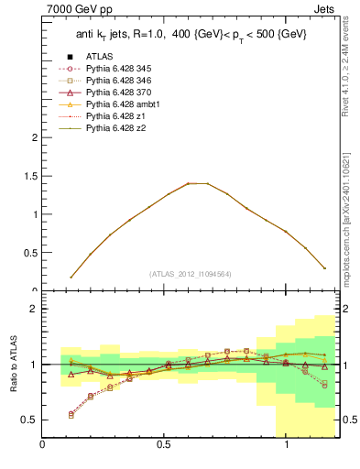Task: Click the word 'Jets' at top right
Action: point(325,11)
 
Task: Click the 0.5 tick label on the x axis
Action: point(164,445)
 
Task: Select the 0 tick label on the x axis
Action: point(43,445)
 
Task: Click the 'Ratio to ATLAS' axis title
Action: point(14,364)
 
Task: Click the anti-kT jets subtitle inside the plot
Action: point(191,34)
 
